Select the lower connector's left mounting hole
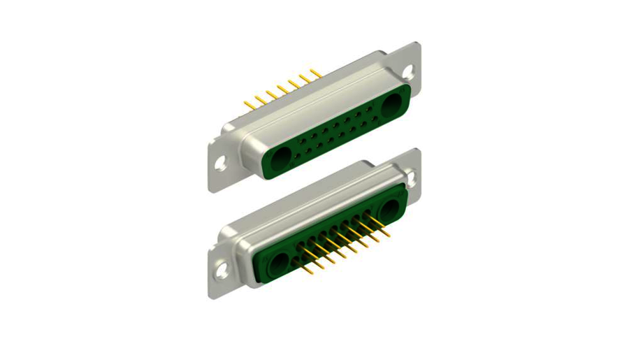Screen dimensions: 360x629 pos(222,268)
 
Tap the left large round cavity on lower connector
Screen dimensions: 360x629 pos(278,264)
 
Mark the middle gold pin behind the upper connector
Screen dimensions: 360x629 pos(282,89)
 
